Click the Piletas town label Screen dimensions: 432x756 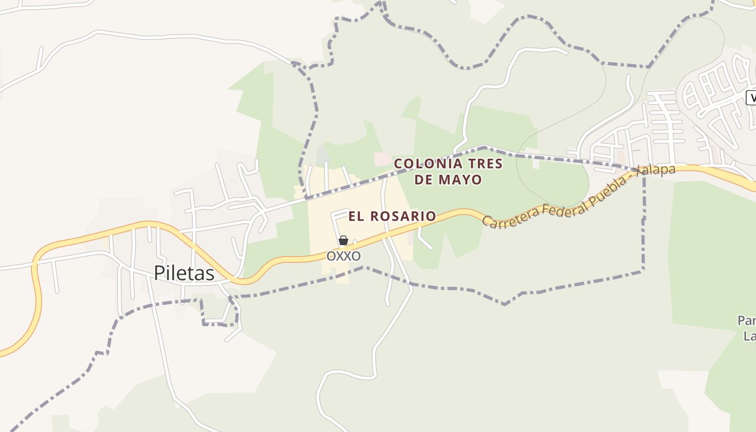coord(184,273)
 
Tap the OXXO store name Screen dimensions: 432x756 coord(343,255)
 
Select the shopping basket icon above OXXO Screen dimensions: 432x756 coord(343,240)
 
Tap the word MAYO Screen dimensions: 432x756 coord(460,180)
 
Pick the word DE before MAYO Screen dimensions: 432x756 coord(424,180)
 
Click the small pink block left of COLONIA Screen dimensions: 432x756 coord(383,159)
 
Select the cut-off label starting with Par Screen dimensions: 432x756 coord(746,321)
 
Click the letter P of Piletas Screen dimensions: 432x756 coord(159,273)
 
